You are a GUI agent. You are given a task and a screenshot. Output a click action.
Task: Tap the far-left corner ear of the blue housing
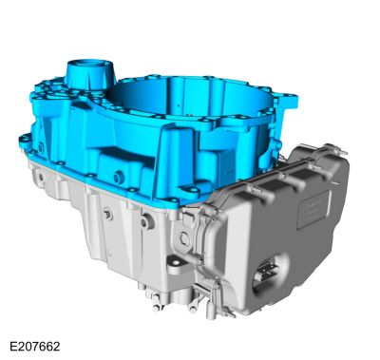24,140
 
